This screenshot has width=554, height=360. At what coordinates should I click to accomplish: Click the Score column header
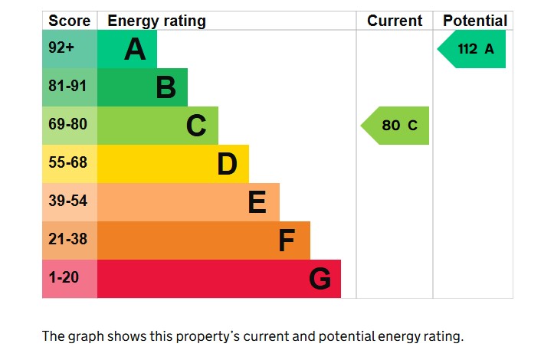[69, 21]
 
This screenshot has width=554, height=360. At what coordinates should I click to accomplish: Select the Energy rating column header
[156, 21]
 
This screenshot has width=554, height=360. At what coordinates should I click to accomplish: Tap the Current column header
[395, 21]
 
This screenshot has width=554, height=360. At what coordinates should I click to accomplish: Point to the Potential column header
[475, 21]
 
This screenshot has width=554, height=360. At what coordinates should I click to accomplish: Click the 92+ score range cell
[69, 49]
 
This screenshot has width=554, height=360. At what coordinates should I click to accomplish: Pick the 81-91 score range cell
[69, 87]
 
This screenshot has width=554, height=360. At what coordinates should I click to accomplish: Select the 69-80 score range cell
[69, 125]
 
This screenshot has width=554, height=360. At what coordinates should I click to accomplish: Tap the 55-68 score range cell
[69, 163]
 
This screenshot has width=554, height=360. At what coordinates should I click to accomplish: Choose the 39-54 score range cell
[69, 201]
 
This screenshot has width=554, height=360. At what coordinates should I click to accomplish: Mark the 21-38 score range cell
[69, 240]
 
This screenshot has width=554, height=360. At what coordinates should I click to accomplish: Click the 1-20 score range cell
[69, 278]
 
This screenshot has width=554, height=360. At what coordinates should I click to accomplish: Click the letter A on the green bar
[135, 50]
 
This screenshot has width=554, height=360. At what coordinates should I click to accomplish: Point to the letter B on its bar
[166, 87]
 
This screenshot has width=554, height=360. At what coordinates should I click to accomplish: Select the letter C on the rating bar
[196, 126]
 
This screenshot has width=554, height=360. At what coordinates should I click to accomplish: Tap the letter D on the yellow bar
[227, 164]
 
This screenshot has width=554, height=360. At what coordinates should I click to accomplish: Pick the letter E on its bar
[257, 202]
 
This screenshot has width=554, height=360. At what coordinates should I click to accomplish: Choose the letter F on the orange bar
[287, 241]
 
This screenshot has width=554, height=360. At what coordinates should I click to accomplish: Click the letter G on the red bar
[320, 279]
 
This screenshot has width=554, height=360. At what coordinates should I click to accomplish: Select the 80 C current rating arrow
[396, 126]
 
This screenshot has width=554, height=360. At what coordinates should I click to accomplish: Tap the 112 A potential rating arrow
[474, 49]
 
